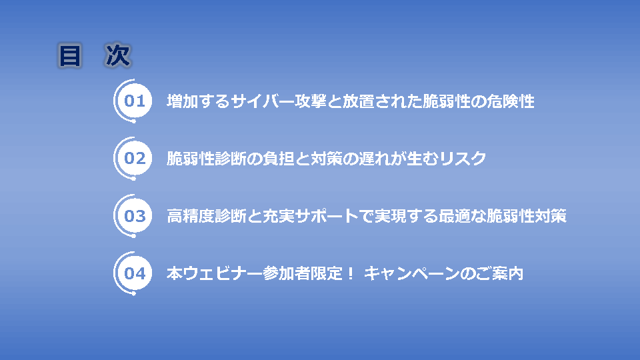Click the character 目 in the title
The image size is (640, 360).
click(x=70, y=55)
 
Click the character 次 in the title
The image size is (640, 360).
click(x=118, y=55)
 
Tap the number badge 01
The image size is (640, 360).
click(x=135, y=101)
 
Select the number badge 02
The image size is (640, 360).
click(x=135, y=159)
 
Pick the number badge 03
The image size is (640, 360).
click(x=135, y=216)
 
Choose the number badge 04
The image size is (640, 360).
click(x=135, y=273)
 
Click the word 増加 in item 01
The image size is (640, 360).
click(x=183, y=101)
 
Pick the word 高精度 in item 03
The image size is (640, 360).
click(x=191, y=216)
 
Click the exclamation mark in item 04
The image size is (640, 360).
click(x=350, y=273)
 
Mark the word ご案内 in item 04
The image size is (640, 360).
click(x=499, y=273)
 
